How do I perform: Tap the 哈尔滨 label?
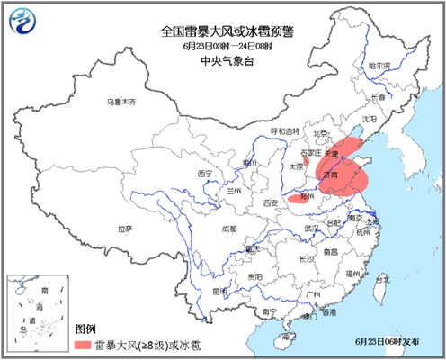click(x=379, y=66)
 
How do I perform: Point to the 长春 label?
click(x=382, y=96)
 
